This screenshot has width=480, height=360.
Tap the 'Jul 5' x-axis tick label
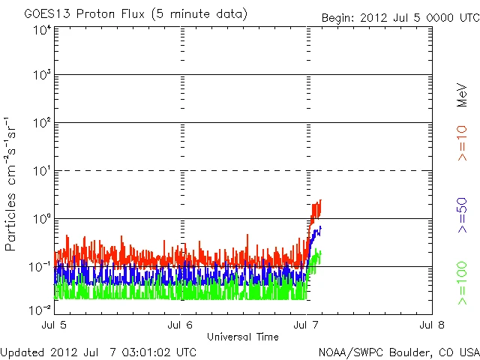(55, 325)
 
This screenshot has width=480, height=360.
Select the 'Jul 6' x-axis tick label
(181, 325)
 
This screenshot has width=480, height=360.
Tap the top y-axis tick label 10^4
(42, 30)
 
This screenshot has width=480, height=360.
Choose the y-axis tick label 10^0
(42, 219)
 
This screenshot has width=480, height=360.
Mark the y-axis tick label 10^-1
(40, 266)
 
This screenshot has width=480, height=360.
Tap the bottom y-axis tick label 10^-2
(40, 308)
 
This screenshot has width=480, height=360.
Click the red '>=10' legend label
(463, 143)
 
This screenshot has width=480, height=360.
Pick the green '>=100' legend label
(463, 283)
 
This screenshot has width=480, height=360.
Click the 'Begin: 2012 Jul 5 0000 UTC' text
(399, 17)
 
